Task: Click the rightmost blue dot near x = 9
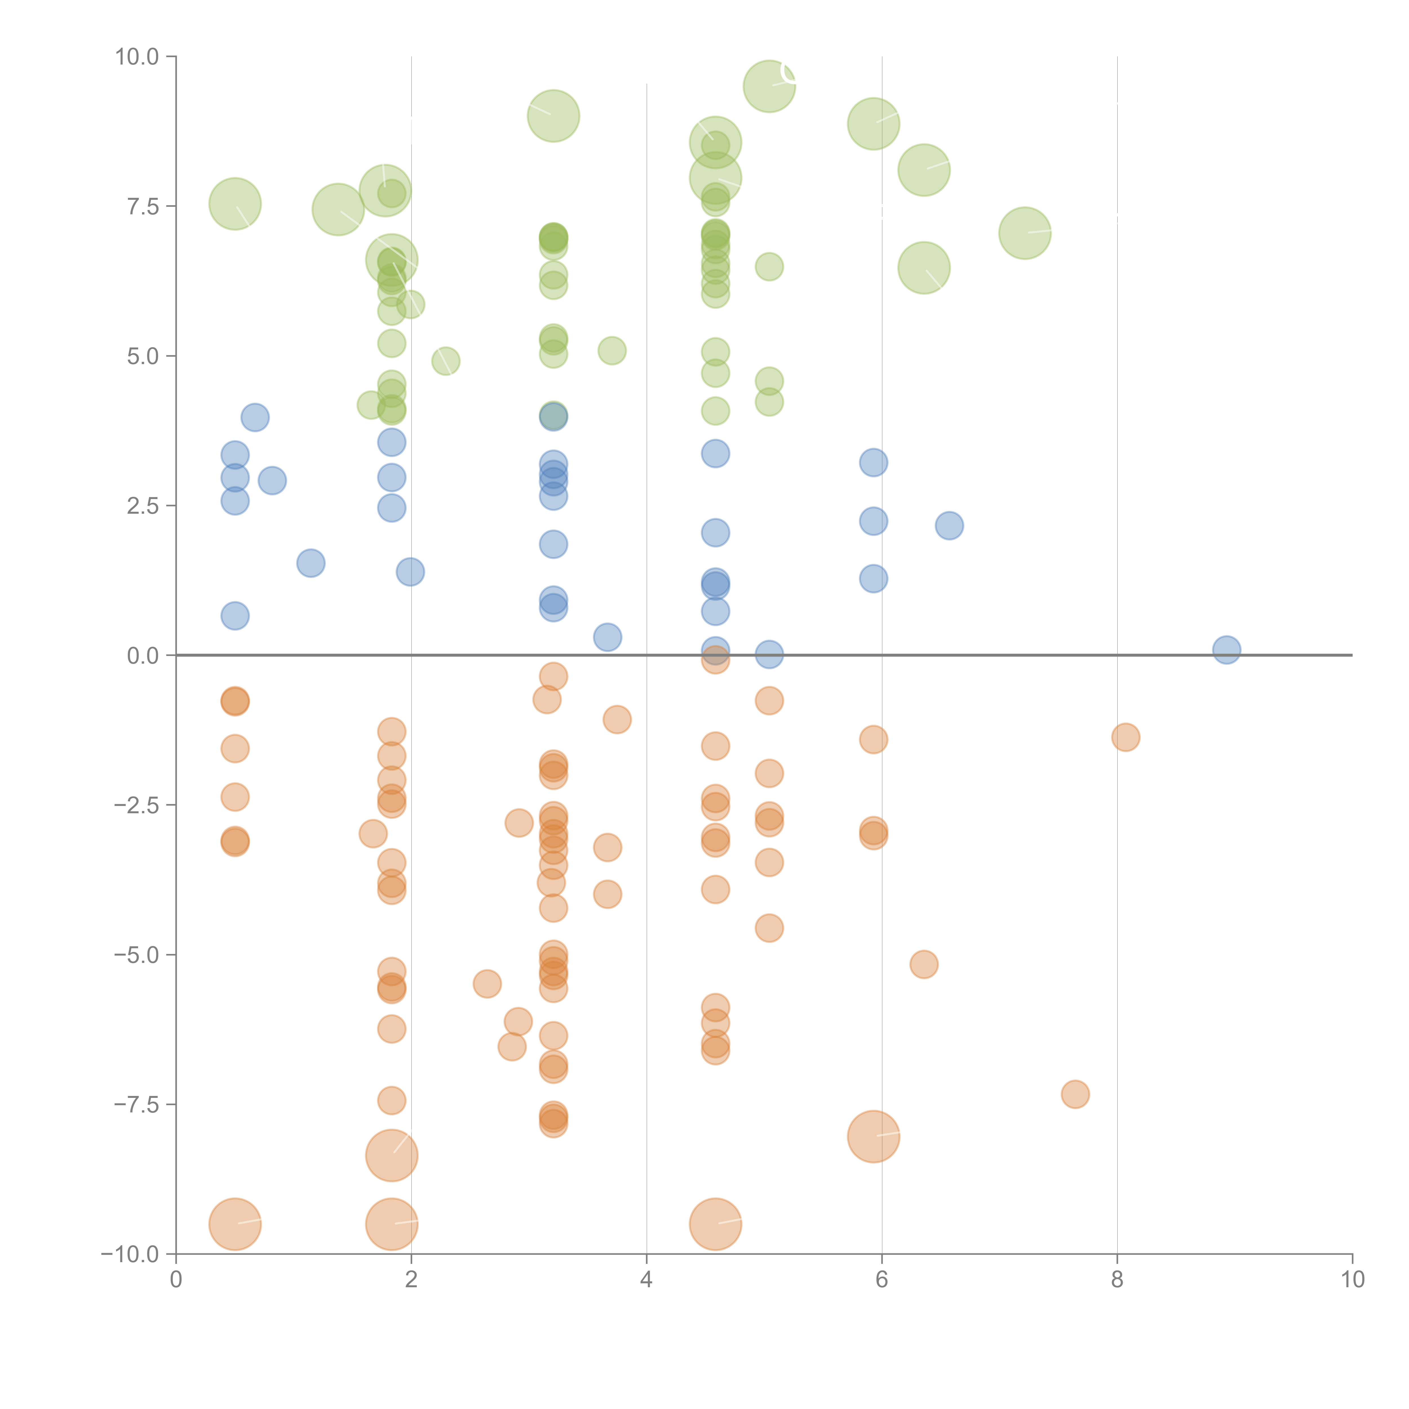[x=1227, y=649]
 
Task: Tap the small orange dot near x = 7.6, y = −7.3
[x=1075, y=1094]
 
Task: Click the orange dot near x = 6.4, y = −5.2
[x=924, y=964]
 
